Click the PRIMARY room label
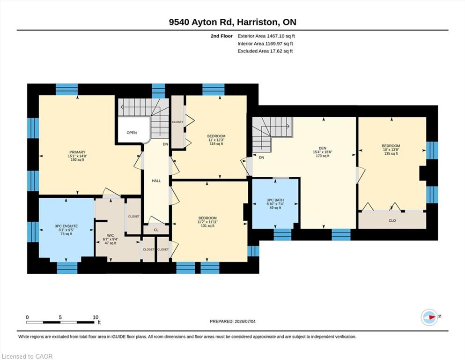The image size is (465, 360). [77, 152]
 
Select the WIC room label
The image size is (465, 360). [111, 235]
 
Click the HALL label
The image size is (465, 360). [156, 181]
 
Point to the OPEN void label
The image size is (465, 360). [132, 133]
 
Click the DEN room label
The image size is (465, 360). [322, 148]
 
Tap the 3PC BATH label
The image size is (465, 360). [275, 200]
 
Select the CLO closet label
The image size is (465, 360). [392, 220]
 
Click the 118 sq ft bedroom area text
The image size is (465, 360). [216, 143]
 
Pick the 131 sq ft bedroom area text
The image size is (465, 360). [207, 225]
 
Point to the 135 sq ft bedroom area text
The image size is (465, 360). [391, 153]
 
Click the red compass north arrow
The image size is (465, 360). [432, 317]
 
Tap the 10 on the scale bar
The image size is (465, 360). [95, 317]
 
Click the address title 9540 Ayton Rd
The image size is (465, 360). [201, 22]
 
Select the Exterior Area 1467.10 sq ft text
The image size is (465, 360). [266, 36]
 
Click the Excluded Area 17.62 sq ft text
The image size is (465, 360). [265, 51]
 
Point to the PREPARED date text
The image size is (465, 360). [232, 321]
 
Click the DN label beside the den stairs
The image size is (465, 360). [261, 157]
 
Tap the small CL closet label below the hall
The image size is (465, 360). [156, 230]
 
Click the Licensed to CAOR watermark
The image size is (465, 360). [27, 356]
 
